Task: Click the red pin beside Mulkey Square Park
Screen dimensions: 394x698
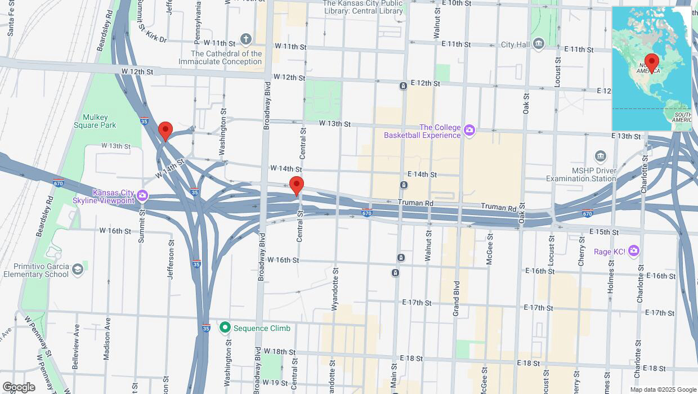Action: [x=165, y=131]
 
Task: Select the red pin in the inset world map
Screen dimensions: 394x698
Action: [x=652, y=62]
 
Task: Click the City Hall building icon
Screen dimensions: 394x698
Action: [x=539, y=44]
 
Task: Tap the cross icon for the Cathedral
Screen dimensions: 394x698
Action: [x=245, y=39]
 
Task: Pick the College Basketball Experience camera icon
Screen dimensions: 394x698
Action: [x=469, y=131]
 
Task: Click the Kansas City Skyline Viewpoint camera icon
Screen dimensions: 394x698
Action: [x=142, y=196]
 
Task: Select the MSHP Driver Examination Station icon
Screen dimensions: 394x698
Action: [x=601, y=156]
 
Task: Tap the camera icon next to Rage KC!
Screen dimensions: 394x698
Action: [x=634, y=250]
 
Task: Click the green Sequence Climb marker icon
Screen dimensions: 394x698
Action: [x=225, y=327]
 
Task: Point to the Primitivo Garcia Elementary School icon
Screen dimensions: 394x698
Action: [x=77, y=270]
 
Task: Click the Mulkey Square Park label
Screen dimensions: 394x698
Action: [x=95, y=121]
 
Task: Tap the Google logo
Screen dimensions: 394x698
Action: [x=18, y=387]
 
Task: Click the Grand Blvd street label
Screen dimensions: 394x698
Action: [x=457, y=298]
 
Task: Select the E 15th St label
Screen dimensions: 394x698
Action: [x=604, y=232]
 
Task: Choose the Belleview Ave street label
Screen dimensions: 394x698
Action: [x=76, y=346]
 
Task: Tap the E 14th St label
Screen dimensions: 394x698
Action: [x=422, y=174]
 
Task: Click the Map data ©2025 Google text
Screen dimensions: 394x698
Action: [x=663, y=389]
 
